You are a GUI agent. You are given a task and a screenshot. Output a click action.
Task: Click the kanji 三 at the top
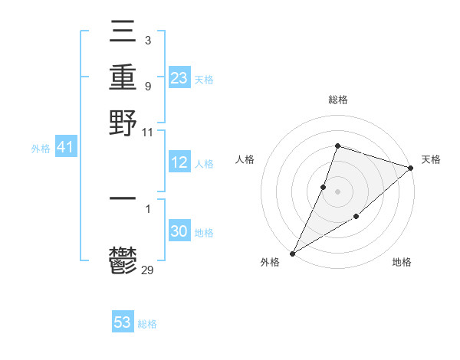coord(123,34)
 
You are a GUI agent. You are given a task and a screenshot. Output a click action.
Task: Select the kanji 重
coord(123,78)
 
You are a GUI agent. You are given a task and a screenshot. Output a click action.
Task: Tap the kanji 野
coord(123,123)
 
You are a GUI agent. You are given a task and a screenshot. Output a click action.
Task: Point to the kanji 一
coord(123,198)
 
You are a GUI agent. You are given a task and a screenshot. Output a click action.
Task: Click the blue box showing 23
coord(179,78)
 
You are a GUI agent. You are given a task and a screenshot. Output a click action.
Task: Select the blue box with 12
coord(179,162)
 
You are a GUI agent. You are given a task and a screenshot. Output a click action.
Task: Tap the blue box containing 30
coord(179,231)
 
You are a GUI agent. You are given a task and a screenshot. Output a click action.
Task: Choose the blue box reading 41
coord(65,148)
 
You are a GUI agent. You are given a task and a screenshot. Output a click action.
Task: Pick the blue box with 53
coord(123,322)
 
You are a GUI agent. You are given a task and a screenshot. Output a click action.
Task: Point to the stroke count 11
coord(149,132)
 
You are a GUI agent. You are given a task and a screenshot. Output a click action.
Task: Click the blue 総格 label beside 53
coord(147,324)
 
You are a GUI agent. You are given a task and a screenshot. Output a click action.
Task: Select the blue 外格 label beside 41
coord(41,149)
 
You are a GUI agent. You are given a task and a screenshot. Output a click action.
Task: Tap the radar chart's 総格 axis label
coord(338,100)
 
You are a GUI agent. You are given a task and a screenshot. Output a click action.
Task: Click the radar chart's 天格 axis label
coord(431,159)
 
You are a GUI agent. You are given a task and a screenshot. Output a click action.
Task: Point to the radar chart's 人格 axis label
coord(245,159)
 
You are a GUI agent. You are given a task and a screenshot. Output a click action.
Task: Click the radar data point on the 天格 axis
coord(411,168)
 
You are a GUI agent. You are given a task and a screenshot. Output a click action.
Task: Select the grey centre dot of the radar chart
coord(338,191)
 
